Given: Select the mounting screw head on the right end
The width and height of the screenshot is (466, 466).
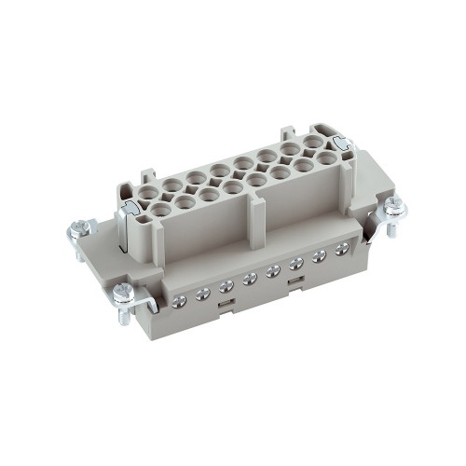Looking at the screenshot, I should tap(395, 205).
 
